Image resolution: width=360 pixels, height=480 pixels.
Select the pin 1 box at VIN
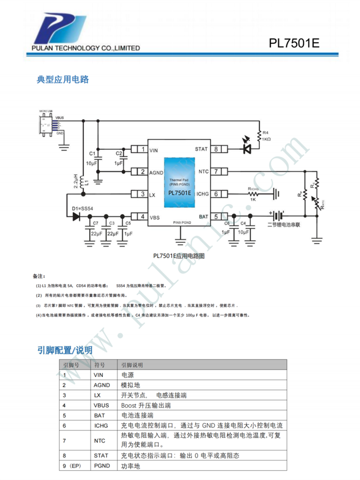click(x=139, y=149)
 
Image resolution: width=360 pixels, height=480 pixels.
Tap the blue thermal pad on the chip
click(x=180, y=182)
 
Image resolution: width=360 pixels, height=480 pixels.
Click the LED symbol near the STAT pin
click(x=247, y=148)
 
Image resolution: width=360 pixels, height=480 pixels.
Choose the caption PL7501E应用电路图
click(x=179, y=256)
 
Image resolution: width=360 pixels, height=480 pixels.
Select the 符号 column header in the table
click(x=99, y=365)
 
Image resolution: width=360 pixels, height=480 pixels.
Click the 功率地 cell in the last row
click(x=130, y=466)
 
